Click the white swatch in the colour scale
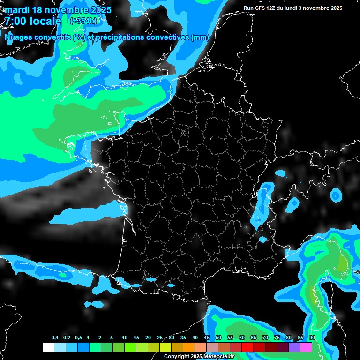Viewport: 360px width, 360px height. pos(48,347)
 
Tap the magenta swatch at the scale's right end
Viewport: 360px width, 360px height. pos(306,347)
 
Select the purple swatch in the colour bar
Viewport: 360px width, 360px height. pos(294,347)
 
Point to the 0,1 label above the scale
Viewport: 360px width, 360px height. pos(55,338)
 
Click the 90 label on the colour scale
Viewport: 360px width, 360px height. pos(312,338)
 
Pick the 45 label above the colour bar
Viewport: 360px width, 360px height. pos(207,338)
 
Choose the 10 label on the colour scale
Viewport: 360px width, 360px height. pos(125,338)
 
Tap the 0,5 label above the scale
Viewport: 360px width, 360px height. pos(78,338)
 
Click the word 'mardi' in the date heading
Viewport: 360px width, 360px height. pos(17,10)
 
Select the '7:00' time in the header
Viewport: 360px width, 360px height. pos(15,21)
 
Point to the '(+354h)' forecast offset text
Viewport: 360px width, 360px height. pos(84,21)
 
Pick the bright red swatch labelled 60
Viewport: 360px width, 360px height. pos(247,347)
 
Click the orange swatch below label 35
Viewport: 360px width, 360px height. pos(188,347)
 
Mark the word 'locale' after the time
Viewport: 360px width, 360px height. pos(45,21)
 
